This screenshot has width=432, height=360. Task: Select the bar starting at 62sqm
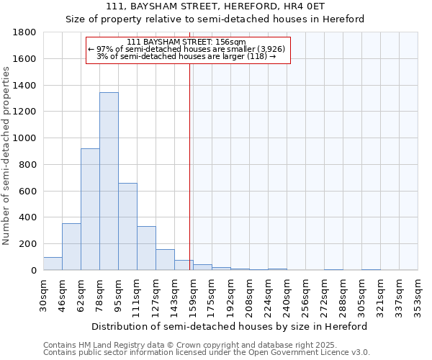coord(90,209)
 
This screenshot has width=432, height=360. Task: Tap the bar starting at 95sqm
coord(127,226)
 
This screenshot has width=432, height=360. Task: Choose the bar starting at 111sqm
coord(146,248)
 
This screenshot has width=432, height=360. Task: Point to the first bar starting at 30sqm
coord(53,264)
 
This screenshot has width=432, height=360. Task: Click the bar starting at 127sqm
coord(165,259)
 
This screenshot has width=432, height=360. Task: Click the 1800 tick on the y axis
coord(24,32)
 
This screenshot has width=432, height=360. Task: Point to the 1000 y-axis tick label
coord(24,138)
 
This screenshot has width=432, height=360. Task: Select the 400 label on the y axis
coord(27,217)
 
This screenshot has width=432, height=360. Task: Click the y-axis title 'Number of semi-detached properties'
coord(7,156)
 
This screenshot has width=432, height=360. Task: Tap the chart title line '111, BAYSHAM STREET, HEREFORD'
coord(215,7)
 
